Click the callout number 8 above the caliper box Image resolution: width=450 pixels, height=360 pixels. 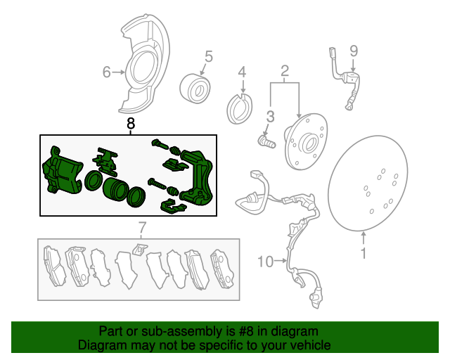(131, 124)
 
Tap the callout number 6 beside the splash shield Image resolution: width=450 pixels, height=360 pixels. (106, 72)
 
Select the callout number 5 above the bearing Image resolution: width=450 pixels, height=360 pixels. (209, 56)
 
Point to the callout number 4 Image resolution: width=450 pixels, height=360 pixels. (242, 72)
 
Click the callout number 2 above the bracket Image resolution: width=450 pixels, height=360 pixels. (284, 70)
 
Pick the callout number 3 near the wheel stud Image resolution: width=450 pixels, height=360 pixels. (270, 117)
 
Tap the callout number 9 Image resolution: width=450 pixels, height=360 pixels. (354, 51)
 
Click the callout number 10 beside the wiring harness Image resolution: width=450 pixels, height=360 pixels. (266, 262)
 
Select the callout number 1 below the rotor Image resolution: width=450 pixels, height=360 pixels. (364, 253)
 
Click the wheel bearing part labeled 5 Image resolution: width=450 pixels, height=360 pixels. (195, 89)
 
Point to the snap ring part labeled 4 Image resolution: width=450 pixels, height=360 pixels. (239, 108)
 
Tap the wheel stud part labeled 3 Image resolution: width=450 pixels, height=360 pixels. (267, 141)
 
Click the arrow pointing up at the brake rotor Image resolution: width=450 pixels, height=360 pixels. (364, 238)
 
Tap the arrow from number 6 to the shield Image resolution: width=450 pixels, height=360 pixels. (118, 72)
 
